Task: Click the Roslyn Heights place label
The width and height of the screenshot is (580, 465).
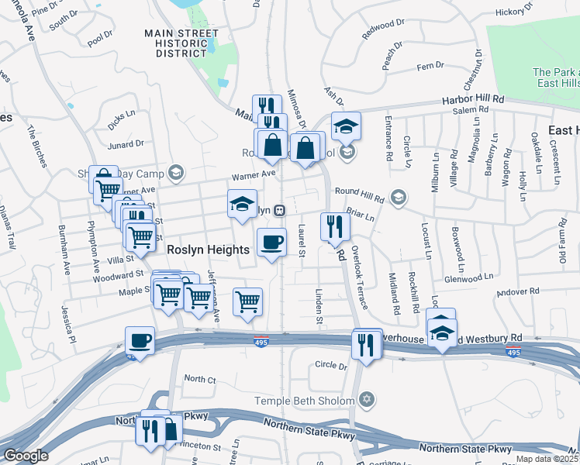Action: pos(209,250)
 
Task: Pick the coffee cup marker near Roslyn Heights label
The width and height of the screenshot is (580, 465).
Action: pos(271,243)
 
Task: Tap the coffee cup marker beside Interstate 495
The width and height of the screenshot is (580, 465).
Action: pos(140,340)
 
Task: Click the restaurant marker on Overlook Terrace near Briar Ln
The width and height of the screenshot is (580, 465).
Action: pos(335,226)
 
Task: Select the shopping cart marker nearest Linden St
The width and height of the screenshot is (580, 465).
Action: pos(247,301)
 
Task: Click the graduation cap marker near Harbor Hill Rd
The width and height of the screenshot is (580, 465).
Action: pos(347,126)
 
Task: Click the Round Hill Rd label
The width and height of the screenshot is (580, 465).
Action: pos(359,193)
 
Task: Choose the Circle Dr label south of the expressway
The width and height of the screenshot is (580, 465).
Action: pos(331,365)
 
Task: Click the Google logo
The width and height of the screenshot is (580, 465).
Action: pos(26,456)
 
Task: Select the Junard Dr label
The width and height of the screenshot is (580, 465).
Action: pos(126,143)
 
